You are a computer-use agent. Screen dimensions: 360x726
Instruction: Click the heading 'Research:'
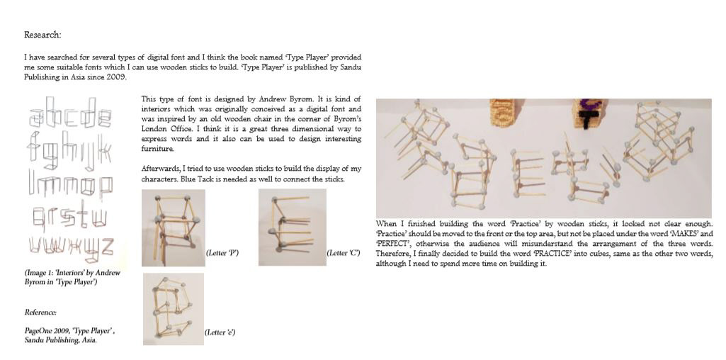pyautogui.click(x=42, y=35)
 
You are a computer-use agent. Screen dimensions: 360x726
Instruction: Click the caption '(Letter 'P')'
pyautogui.click(x=222, y=252)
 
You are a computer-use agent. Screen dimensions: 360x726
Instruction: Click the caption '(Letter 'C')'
pyautogui.click(x=343, y=252)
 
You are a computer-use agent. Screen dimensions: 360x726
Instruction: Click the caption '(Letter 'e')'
pyautogui.click(x=220, y=332)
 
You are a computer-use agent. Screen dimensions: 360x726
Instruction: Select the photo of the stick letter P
pyautogui.click(x=174, y=227)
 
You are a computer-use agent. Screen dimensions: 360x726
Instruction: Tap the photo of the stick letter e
pyautogui.click(x=173, y=308)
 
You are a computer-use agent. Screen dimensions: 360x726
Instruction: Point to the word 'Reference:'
pyautogui.click(x=40, y=312)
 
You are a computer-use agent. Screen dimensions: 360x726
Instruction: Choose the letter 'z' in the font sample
pyautogui.click(x=105, y=246)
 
